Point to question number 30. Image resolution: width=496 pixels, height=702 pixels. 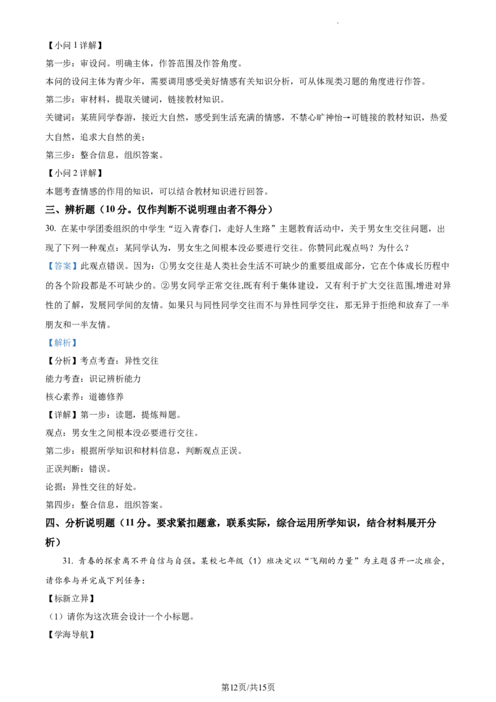(51, 229)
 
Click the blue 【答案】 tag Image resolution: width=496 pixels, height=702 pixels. (62, 267)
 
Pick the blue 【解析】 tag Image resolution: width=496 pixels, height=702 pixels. (62, 343)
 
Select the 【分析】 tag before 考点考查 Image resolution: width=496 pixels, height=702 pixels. (62, 361)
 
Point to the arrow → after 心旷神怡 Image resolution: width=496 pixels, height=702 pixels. (347, 118)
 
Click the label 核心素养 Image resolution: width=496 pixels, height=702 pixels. (63, 397)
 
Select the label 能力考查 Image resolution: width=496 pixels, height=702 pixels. (63, 379)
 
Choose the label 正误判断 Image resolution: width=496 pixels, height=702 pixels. (63, 469)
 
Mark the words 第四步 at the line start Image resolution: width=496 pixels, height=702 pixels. (58, 505)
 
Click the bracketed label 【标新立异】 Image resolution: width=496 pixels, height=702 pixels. (71, 598)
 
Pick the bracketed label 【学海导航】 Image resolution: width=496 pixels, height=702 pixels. (71, 634)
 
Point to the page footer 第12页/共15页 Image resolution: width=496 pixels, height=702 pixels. (248, 687)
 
